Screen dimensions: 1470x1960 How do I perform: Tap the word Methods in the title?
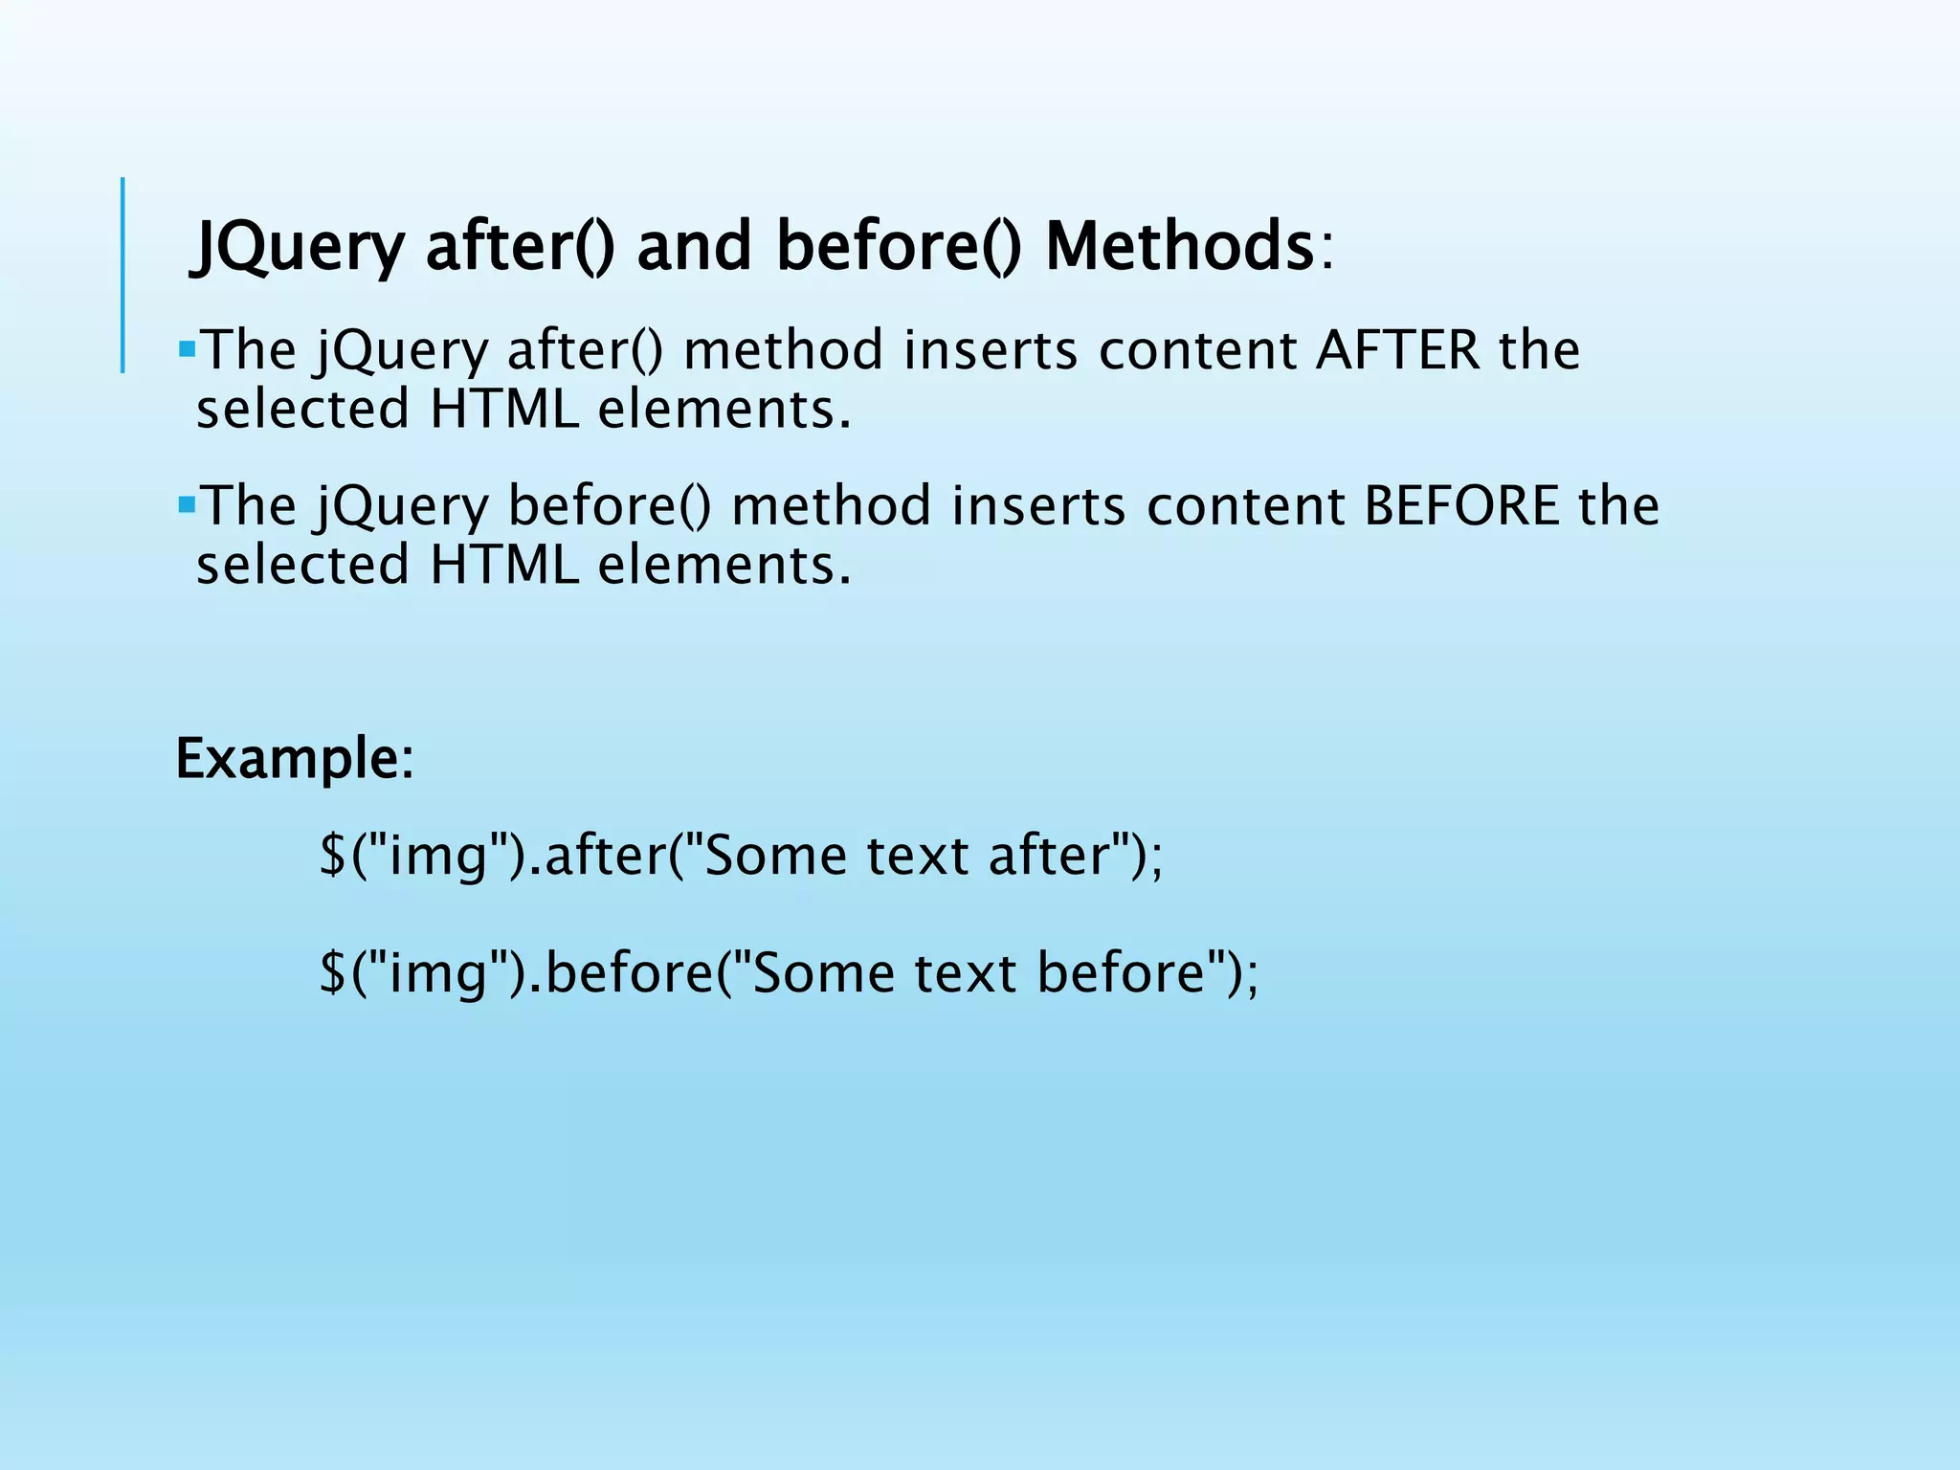pyautogui.click(x=1179, y=247)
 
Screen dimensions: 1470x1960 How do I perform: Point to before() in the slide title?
pyautogui.click(x=898, y=247)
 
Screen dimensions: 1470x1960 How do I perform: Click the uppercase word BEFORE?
pyautogui.click(x=1462, y=506)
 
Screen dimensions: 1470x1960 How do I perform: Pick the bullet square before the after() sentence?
pyautogui.click(x=187, y=345)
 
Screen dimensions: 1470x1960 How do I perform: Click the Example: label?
pyautogui.click(x=295, y=759)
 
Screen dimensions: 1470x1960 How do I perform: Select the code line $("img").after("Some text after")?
pyautogui.click(x=741, y=855)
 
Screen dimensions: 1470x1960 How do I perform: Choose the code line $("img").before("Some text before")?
pyautogui.click(x=789, y=972)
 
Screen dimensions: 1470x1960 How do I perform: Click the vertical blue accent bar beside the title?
pyautogui.click(x=122, y=275)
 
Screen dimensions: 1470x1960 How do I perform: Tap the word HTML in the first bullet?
pyautogui.click(x=504, y=410)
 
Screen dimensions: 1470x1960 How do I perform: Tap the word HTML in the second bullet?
pyautogui.click(x=504, y=566)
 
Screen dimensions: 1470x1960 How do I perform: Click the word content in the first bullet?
pyautogui.click(x=1196, y=350)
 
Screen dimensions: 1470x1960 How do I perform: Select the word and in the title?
pyautogui.click(x=694, y=247)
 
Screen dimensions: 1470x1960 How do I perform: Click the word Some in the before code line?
pyautogui.click(x=824, y=972)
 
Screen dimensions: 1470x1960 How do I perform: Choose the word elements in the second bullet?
pyautogui.click(x=724, y=566)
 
